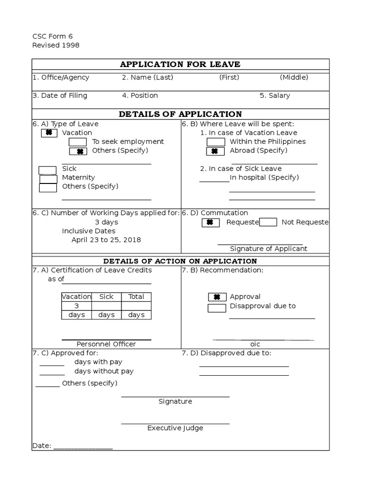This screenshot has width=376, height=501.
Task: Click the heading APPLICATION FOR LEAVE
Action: click(180, 65)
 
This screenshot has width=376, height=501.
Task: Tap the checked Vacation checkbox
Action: click(49, 133)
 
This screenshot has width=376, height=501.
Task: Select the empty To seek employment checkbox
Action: click(78, 142)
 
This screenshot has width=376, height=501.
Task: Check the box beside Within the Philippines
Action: click(215, 142)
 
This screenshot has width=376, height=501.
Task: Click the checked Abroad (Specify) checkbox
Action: click(215, 151)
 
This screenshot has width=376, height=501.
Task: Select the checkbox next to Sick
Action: click(47, 170)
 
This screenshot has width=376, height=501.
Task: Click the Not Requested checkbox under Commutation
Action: click(268, 223)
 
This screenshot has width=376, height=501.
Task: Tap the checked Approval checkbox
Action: click(217, 297)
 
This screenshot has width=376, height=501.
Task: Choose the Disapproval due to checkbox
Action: click(217, 308)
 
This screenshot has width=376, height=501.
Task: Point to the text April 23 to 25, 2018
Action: click(106, 240)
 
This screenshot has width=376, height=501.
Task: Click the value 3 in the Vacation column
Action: click(76, 306)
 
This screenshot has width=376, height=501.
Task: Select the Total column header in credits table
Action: click(136, 296)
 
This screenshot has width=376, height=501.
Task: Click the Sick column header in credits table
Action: click(106, 296)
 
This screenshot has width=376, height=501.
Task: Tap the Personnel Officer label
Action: click(106, 344)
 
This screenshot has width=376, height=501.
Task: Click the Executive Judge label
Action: click(175, 428)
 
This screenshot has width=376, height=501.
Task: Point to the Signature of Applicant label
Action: click(269, 249)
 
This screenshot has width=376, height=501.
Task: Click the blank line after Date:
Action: click(83, 447)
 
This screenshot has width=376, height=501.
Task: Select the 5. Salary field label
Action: click(275, 96)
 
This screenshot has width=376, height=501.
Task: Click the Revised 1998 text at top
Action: click(56, 46)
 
